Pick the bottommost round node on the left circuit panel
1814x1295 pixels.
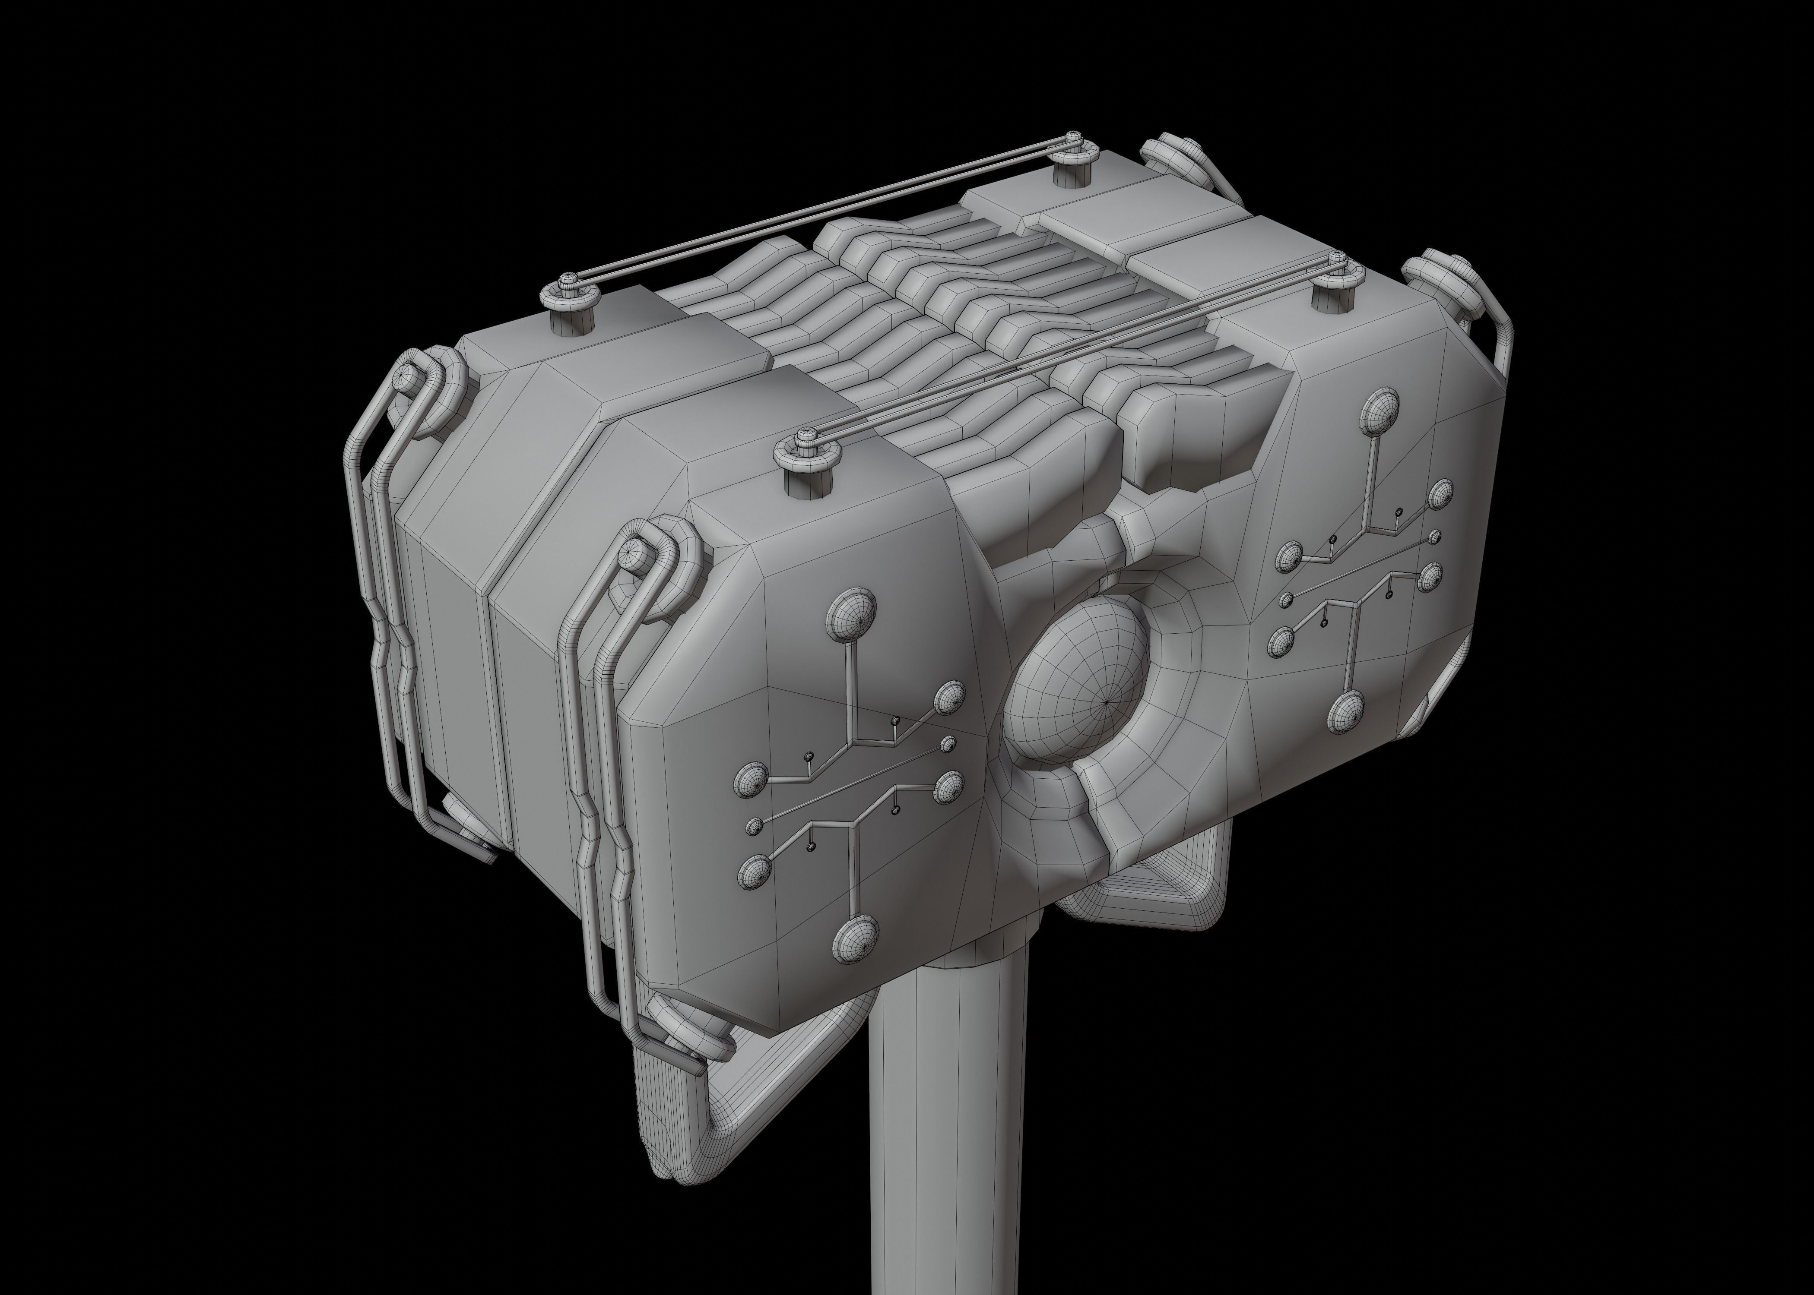click(854, 938)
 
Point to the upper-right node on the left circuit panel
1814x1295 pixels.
click(949, 698)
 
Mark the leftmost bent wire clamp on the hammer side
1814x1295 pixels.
click(375, 606)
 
